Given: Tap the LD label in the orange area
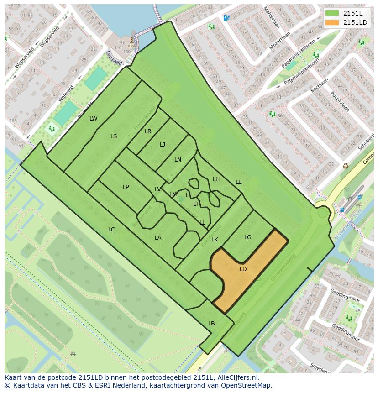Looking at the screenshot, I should tap(243, 269).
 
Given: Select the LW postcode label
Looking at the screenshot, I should tap(94, 119).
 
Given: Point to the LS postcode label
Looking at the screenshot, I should tap(114, 136).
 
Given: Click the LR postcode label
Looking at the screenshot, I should tap(148, 131).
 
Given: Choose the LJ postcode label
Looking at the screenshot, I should tap(163, 145).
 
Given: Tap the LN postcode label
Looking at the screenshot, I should tap(178, 160).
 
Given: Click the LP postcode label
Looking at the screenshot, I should tap(126, 187).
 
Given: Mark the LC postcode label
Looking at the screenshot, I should tap(111, 230).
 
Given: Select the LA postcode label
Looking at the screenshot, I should tap(158, 238).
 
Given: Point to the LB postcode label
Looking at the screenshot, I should tap(211, 324).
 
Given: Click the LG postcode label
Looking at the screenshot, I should tap(247, 237).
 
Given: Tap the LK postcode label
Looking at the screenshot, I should tap(215, 240).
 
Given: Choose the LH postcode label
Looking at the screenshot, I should tap(216, 179).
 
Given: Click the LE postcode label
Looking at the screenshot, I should tap(238, 182).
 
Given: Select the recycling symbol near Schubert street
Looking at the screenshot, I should tap(346, 166).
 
